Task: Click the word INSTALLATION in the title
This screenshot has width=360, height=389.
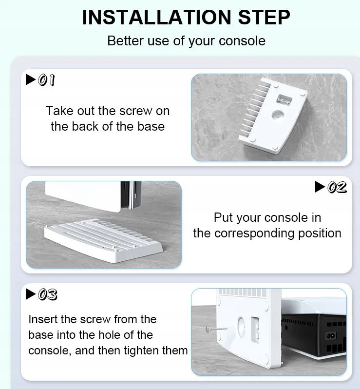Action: pyautogui.click(x=157, y=17)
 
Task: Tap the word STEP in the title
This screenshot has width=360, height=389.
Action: pyautogui.click(x=264, y=17)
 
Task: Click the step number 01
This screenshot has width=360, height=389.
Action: pyautogui.click(x=47, y=80)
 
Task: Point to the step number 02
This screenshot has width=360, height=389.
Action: pyautogui.click(x=337, y=187)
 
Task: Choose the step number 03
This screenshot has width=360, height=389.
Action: pyautogui.click(x=48, y=294)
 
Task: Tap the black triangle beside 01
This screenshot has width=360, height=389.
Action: pyautogui.click(x=31, y=79)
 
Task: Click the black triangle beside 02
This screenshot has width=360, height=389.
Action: pyautogui.click(x=320, y=187)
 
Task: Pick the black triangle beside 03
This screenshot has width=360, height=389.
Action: pyautogui.click(x=31, y=294)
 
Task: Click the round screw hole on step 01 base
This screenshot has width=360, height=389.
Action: pyautogui.click(x=278, y=115)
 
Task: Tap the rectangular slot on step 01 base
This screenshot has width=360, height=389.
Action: pyautogui.click(x=284, y=100)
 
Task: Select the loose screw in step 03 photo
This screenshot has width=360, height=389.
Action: pyautogui.click(x=216, y=330)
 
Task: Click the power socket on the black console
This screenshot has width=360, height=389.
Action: pyautogui.click(x=331, y=336)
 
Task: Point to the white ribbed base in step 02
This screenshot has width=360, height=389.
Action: pyautogui.click(x=103, y=240)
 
